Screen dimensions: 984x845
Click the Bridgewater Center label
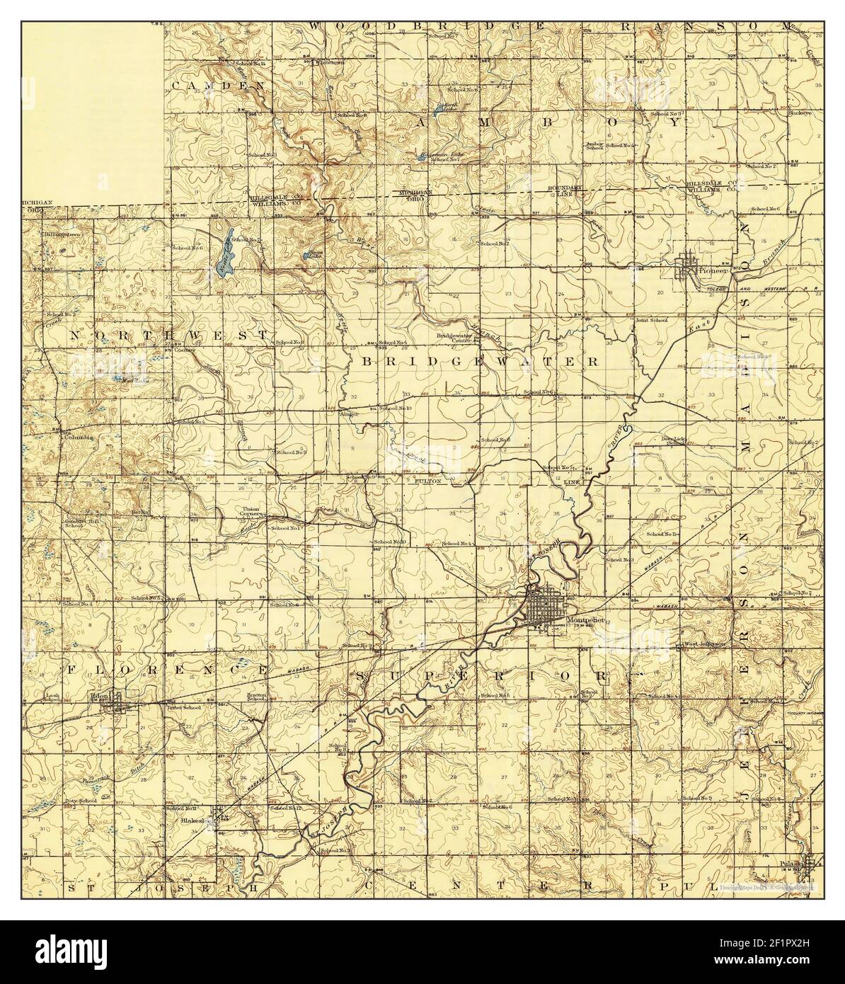[453, 338]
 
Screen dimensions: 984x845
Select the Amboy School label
[594, 145]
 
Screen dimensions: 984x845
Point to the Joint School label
[651, 321]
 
